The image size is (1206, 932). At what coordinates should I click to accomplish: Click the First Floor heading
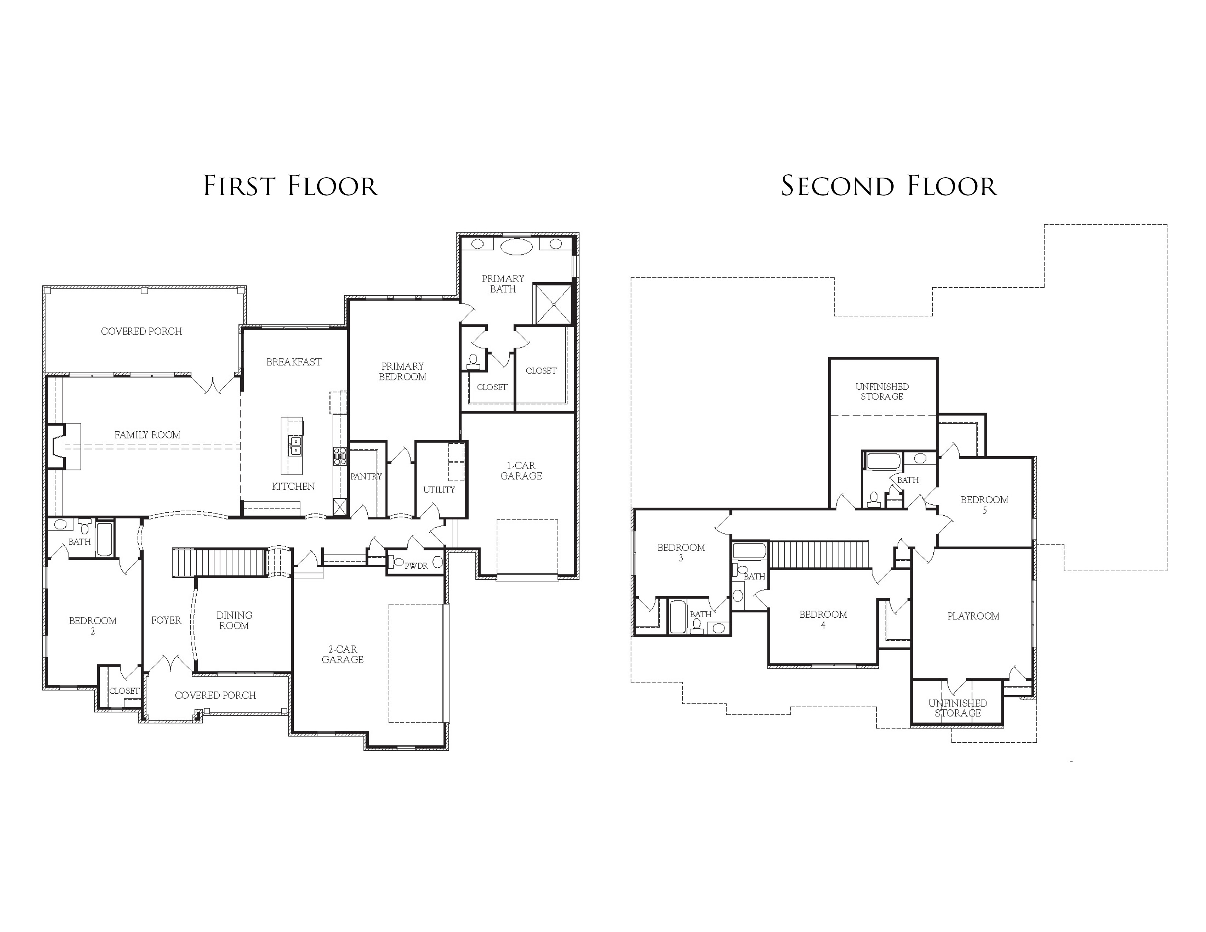pyautogui.click(x=291, y=186)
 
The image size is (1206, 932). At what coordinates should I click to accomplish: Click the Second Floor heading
pyautogui.click(x=889, y=186)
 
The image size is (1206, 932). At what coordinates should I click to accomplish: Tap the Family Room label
pyautogui.click(x=147, y=435)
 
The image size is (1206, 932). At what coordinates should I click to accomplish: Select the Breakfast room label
pyautogui.click(x=294, y=362)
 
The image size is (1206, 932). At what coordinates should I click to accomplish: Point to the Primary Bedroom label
pyautogui.click(x=403, y=372)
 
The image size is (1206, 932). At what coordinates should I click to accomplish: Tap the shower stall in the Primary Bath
pyautogui.click(x=553, y=304)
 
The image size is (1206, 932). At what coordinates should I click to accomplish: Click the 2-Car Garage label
pyautogui.click(x=342, y=654)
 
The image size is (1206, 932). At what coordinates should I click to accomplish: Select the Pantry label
pyautogui.click(x=365, y=477)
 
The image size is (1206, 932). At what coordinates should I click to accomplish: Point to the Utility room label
pyautogui.click(x=439, y=490)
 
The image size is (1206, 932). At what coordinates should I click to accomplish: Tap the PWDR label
pyautogui.click(x=416, y=566)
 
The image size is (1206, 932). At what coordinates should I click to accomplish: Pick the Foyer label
pyautogui.click(x=166, y=621)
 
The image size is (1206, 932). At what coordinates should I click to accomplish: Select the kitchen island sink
pyautogui.click(x=295, y=445)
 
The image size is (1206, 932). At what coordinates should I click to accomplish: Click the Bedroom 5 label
pyautogui.click(x=985, y=505)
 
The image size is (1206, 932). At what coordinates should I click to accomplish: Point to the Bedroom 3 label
pyautogui.click(x=681, y=553)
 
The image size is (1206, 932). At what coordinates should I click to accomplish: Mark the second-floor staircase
pyautogui.click(x=819, y=554)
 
